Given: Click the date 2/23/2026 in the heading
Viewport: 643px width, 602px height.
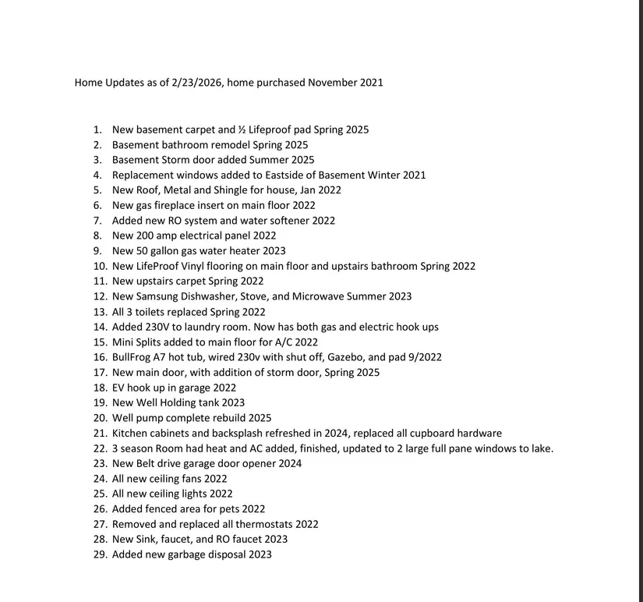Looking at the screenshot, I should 198,82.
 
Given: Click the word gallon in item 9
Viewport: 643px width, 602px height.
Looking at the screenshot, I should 168,250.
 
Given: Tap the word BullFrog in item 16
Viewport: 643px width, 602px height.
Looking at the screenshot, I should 134,357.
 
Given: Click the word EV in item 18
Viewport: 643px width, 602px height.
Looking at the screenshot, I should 119,388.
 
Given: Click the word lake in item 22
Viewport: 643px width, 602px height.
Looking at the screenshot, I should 539,448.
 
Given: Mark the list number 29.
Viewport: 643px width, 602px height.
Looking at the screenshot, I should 99,554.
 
